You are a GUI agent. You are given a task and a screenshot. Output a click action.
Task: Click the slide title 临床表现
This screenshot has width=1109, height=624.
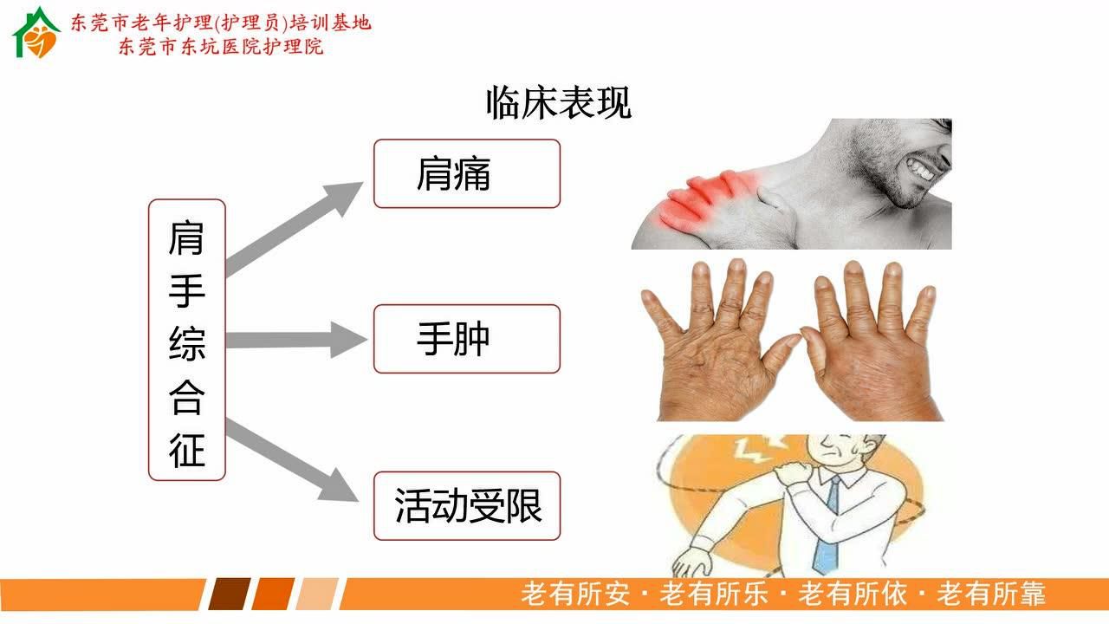click(559, 102)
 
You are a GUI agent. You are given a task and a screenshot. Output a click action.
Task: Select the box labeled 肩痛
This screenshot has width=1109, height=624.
click(466, 174)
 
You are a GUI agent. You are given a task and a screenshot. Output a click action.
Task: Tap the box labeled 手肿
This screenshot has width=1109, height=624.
click(466, 339)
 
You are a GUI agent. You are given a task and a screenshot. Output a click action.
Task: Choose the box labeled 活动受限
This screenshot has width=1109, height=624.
click(466, 505)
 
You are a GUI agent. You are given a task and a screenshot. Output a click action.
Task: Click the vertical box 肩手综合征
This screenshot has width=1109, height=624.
click(186, 340)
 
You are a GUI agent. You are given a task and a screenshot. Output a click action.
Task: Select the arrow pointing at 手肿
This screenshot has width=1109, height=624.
click(295, 340)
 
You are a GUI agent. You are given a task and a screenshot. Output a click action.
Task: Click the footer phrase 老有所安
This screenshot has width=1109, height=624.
click(574, 595)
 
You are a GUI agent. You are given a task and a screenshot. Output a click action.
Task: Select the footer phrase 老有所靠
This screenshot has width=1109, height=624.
click(991, 595)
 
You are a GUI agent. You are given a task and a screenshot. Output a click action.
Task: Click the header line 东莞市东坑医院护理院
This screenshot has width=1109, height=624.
click(221, 47)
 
